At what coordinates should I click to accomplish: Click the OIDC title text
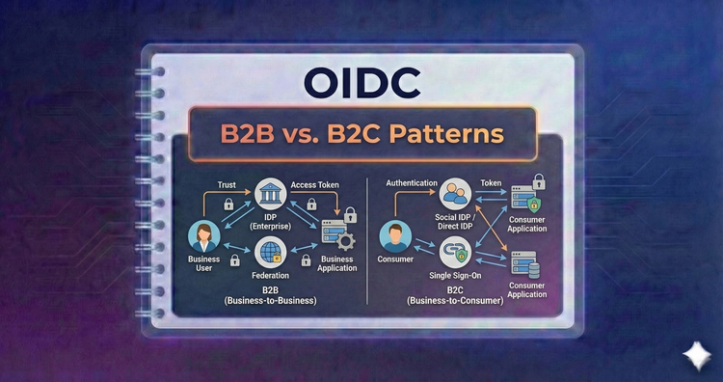pyautogui.click(x=362, y=84)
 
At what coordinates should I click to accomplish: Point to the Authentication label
pyautogui.click(x=412, y=182)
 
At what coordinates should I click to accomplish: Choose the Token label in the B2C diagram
pyautogui.click(x=493, y=182)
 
